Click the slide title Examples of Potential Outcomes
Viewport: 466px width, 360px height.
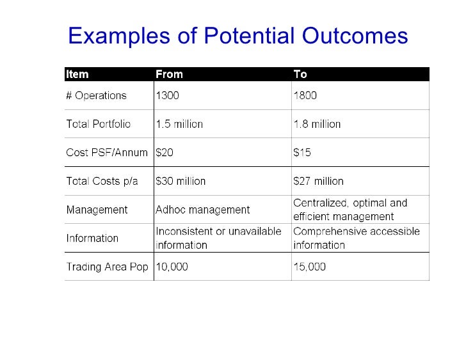coord(237,36)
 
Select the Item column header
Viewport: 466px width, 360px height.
coord(77,74)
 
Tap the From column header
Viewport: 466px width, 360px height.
coord(169,74)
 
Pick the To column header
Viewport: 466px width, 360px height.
coord(300,74)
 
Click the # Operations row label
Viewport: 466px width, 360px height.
coord(97,96)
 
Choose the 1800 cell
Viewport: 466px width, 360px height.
coord(305,96)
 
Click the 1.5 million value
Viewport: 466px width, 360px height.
coord(179,124)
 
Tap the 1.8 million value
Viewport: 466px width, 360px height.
coord(317,124)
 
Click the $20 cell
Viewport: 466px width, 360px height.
coord(165,153)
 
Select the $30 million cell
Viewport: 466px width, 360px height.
coord(181,181)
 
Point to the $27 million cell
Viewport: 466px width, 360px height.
coord(318,181)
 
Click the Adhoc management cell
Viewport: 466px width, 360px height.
coord(203,210)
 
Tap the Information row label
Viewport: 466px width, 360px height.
coord(92,239)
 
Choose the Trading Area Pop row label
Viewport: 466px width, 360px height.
coord(107,267)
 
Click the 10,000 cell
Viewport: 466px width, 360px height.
coord(172,267)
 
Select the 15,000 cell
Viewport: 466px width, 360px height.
coord(309,267)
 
